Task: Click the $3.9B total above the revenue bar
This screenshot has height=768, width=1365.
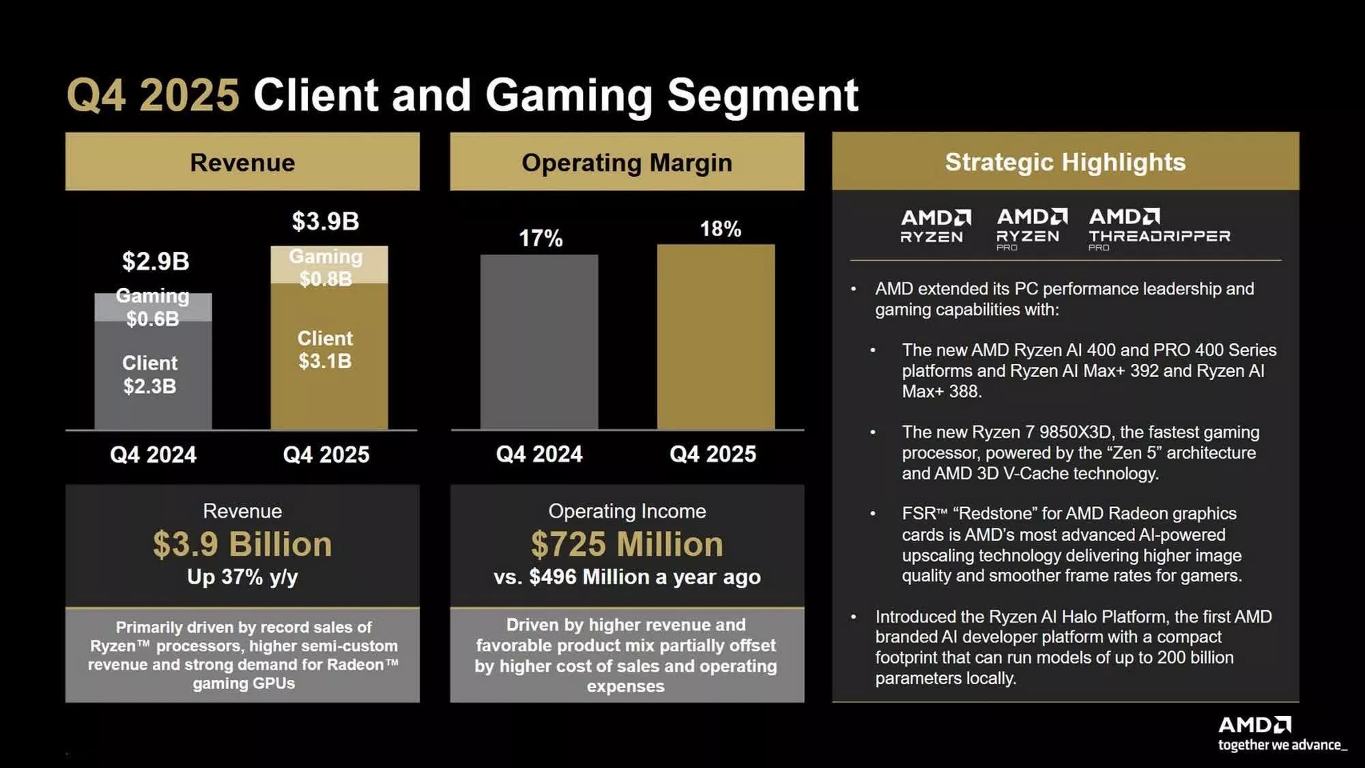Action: pyautogui.click(x=326, y=221)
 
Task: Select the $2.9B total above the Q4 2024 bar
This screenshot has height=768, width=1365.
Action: pyautogui.click(x=156, y=261)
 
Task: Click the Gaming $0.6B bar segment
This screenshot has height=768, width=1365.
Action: pyautogui.click(x=152, y=308)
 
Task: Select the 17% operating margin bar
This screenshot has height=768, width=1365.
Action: pyautogui.click(x=539, y=341)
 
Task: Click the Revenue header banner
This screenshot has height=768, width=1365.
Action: pyautogui.click(x=242, y=162)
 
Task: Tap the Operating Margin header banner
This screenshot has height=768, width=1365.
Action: pyautogui.click(x=627, y=162)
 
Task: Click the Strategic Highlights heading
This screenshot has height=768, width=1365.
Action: pyautogui.click(x=1065, y=162)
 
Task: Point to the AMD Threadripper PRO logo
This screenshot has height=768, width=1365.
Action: pyautogui.click(x=1159, y=229)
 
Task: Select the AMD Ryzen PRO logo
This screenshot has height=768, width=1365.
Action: pyautogui.click(x=1031, y=229)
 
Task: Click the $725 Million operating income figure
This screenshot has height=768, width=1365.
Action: pyautogui.click(x=627, y=544)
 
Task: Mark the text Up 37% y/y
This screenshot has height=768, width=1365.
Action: pyautogui.click(x=242, y=577)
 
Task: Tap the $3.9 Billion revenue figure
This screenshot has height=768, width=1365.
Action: pyautogui.click(x=242, y=544)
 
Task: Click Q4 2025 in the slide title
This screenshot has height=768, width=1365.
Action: pyautogui.click(x=153, y=95)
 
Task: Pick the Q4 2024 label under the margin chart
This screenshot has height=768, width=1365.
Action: pyautogui.click(x=539, y=454)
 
